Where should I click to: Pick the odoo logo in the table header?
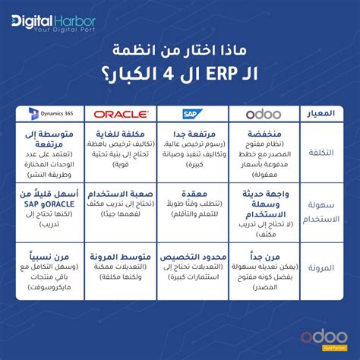coord(264,113)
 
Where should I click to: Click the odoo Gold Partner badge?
coord(320,336)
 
